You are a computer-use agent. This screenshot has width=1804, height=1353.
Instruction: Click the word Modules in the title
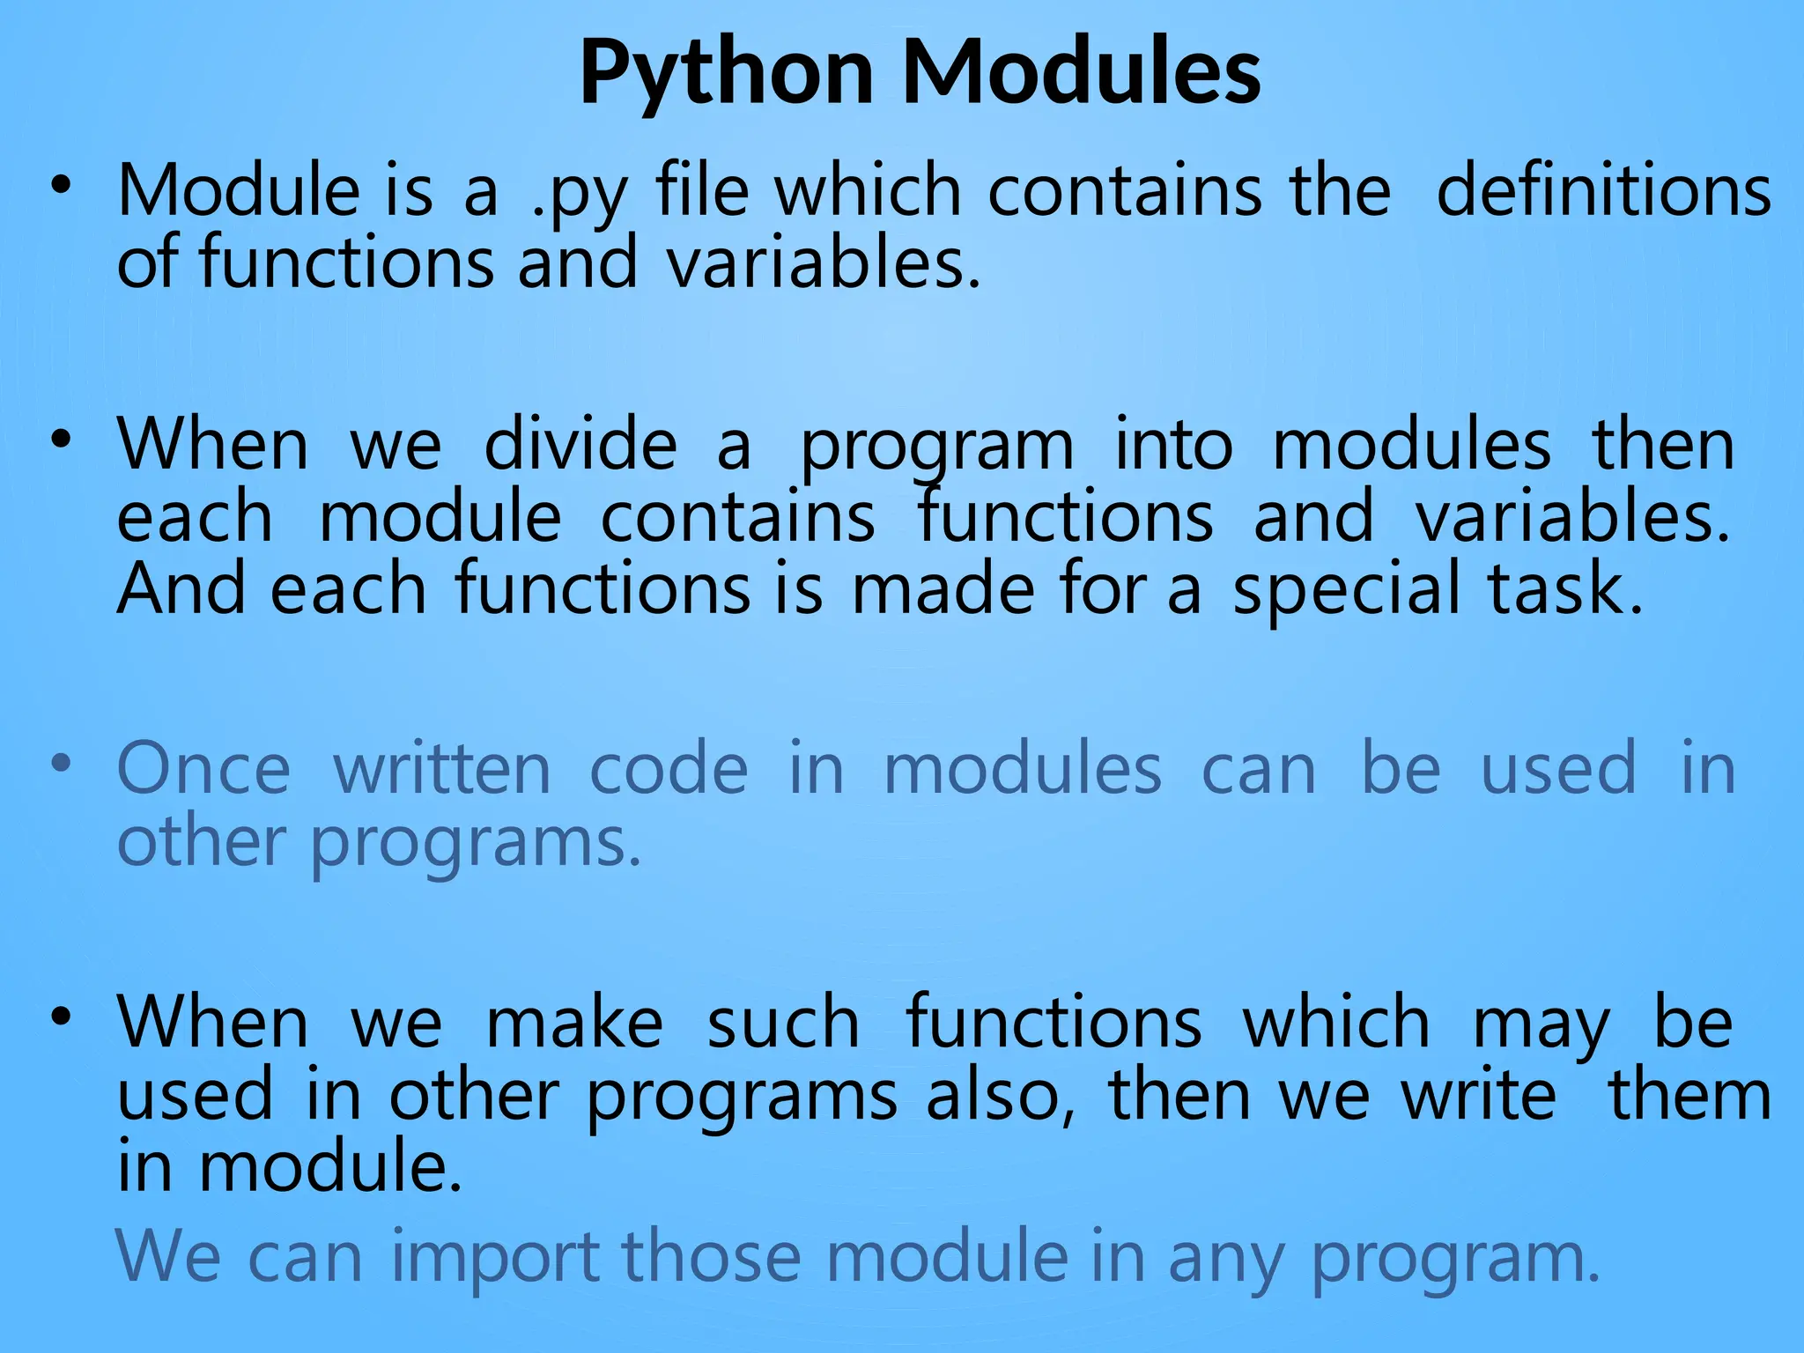tap(1082, 72)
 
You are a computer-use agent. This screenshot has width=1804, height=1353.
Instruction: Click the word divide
tap(580, 445)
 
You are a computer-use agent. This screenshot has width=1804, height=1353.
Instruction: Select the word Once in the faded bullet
tap(203, 769)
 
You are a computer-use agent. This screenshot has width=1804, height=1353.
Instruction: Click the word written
tap(441, 769)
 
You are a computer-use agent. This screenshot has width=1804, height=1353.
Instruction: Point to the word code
tap(669, 769)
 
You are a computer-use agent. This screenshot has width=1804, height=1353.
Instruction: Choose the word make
tap(574, 1024)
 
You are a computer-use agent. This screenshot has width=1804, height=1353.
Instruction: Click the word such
tap(783, 1024)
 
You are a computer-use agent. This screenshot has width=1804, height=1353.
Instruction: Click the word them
tap(1689, 1097)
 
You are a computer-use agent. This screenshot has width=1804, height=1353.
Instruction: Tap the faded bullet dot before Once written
tap(60, 764)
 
